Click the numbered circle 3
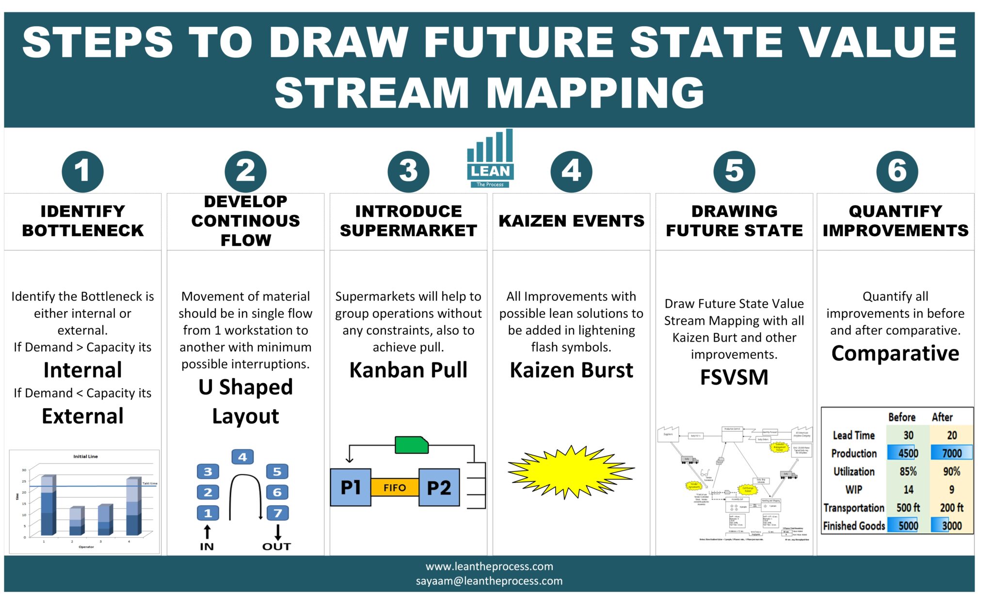point(408,171)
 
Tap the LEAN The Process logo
point(490,159)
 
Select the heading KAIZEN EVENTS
point(571,221)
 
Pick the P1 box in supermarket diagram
point(350,487)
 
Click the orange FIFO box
point(395,487)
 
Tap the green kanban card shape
point(411,445)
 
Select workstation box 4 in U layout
point(242,457)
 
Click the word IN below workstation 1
point(207,546)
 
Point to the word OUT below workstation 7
point(276,546)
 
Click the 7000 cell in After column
point(951,453)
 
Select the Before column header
point(901,417)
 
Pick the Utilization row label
point(854,471)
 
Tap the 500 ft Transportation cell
point(908,508)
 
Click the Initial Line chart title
point(85,456)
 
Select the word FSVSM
point(734,377)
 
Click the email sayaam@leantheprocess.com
point(489,581)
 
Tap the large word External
point(82,416)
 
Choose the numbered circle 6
point(897,171)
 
